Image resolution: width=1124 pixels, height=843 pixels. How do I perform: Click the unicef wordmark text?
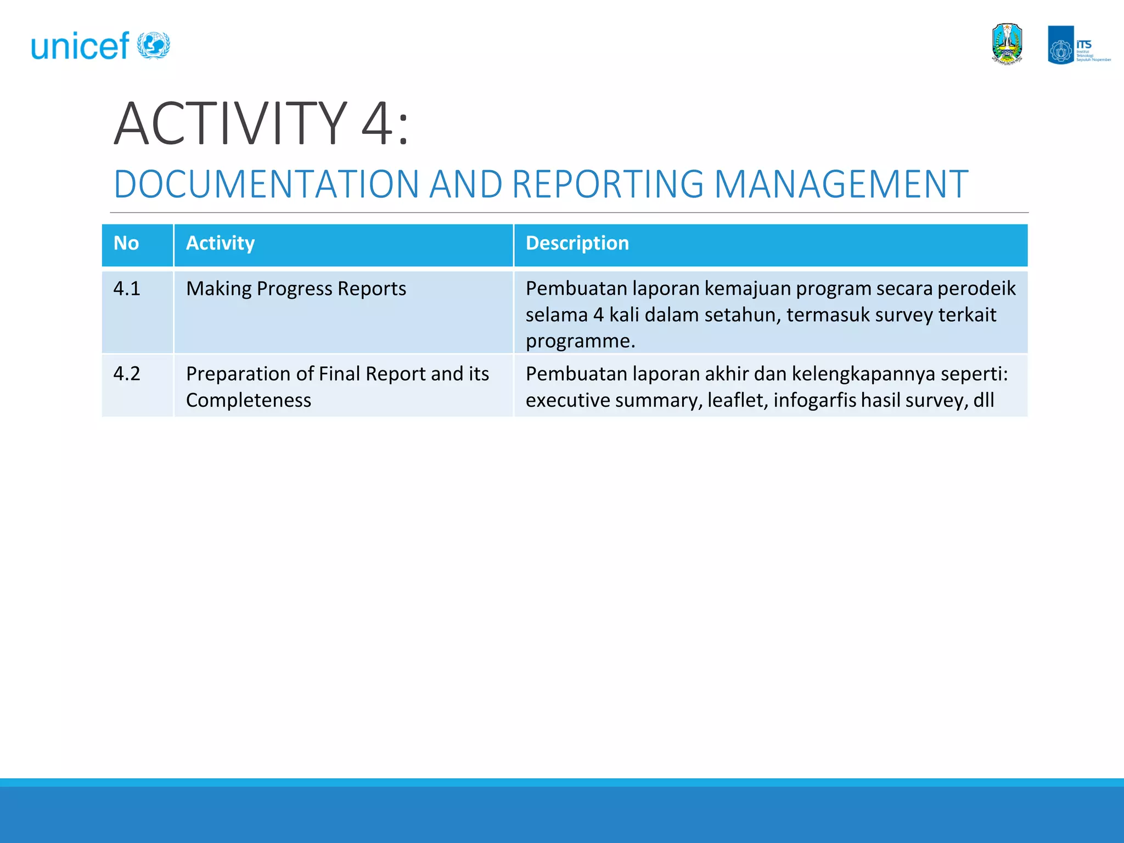[80, 46]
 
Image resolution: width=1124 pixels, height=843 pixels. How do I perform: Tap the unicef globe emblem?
[153, 45]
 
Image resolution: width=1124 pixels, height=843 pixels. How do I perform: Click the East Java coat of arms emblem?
[1007, 44]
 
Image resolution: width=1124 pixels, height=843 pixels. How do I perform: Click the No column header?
[126, 243]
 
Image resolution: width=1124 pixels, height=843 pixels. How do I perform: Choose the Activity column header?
[220, 243]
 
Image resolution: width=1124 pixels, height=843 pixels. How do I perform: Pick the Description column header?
[577, 243]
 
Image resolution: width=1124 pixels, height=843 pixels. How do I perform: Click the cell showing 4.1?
[127, 289]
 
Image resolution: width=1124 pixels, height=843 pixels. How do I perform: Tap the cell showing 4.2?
[127, 374]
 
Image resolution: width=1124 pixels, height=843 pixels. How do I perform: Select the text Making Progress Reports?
[296, 289]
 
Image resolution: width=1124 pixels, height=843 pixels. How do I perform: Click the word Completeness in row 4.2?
[248, 400]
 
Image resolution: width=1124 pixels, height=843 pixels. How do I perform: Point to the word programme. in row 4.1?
[580, 341]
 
